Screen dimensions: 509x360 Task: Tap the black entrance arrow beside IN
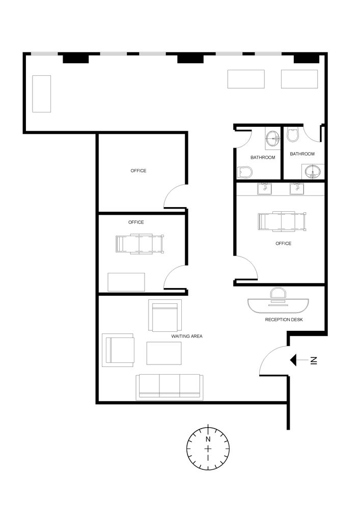pos(295,360)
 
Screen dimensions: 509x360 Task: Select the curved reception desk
pos(279,305)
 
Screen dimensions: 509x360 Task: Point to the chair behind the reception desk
pos(278,293)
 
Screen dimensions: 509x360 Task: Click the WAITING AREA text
pos(187,336)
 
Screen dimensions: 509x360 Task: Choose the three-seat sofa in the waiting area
pos(169,386)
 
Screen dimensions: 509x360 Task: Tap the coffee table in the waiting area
pos(164,353)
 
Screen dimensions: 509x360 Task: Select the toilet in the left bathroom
pos(245,172)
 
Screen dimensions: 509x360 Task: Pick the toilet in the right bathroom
pos(293,134)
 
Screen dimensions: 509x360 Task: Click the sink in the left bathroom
pos(272,137)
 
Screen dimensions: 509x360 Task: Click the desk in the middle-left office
pos(126,282)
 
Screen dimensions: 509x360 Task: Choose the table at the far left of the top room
pos(42,94)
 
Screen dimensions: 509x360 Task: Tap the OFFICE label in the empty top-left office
pos(139,171)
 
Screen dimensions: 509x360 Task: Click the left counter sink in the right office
pos(264,189)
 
